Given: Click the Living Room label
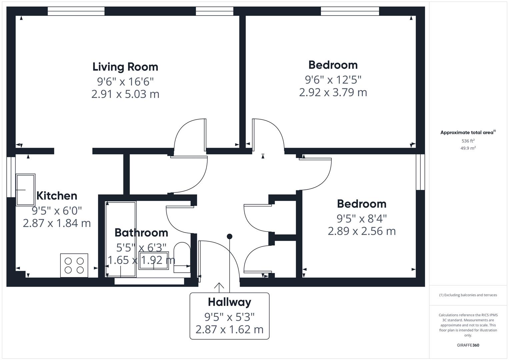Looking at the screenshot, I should (x=125, y=67).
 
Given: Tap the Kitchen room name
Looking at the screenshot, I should (x=57, y=196).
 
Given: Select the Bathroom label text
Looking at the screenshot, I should (x=141, y=232).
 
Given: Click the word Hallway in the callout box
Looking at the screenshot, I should (x=229, y=302).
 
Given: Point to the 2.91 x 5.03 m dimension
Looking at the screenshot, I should (x=125, y=94).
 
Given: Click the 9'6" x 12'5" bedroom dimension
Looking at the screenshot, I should (x=333, y=80).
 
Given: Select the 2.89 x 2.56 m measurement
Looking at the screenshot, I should (x=362, y=231).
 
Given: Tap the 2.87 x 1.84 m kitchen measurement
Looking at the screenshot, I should (x=57, y=223).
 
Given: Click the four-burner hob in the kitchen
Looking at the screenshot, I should (x=74, y=265).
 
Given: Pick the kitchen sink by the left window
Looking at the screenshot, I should (x=25, y=190).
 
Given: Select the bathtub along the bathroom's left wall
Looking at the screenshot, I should (x=121, y=239).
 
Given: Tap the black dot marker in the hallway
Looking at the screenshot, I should (x=229, y=236).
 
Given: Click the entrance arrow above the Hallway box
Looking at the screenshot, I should (x=219, y=286).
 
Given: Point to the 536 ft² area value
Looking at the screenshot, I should (x=468, y=141).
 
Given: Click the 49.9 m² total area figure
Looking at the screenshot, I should (x=468, y=148).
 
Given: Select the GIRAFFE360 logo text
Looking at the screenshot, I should (x=468, y=345).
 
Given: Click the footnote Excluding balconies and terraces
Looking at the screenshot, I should (x=468, y=295).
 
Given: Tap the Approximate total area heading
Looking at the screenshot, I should (x=468, y=132).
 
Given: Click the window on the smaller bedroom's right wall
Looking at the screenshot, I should (x=420, y=172).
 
